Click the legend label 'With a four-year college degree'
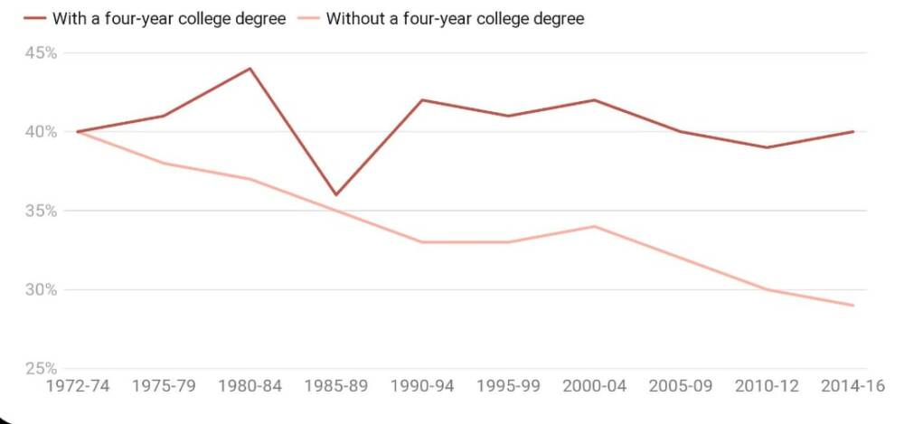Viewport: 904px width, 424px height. coord(169,18)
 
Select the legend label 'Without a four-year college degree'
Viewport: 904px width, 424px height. coord(455,18)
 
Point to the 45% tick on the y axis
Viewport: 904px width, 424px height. coord(42,53)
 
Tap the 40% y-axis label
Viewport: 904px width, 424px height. coord(42,132)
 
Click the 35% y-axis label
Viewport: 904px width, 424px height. coord(42,211)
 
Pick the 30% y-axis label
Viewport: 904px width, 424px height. coord(42,290)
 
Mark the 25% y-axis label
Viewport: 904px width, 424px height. coord(42,369)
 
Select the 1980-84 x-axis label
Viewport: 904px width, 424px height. coord(250,386)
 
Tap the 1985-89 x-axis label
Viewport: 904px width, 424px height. coord(335,386)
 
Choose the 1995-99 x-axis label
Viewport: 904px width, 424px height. coord(508,386)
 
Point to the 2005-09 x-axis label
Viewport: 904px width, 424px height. coord(681,386)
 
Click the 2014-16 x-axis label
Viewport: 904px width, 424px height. coord(852,386)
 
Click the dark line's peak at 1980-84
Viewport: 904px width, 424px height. coord(250,69)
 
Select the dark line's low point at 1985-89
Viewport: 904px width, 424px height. coord(335,194)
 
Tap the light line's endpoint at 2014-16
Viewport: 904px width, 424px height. coord(852,306)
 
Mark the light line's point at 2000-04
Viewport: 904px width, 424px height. coord(594,226)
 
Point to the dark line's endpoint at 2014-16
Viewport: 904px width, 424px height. coord(852,132)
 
